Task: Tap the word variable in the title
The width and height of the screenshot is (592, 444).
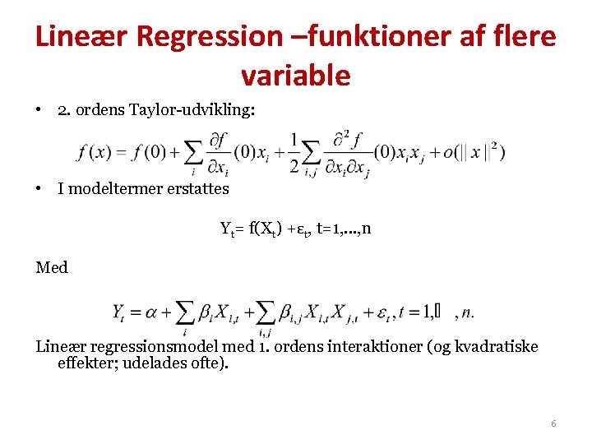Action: [x=296, y=76]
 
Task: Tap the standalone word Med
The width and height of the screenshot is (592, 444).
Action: [x=52, y=267]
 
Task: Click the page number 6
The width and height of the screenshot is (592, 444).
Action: [x=553, y=423]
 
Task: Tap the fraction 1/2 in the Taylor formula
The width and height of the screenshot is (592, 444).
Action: [x=294, y=153]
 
